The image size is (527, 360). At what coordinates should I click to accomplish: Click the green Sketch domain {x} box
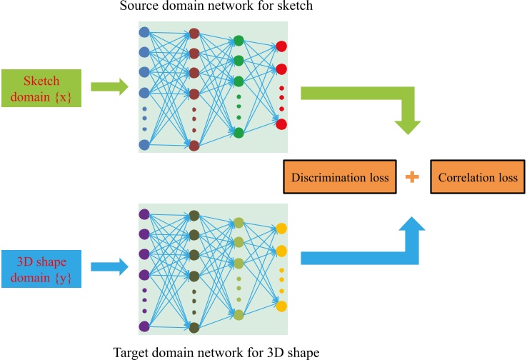(42, 88)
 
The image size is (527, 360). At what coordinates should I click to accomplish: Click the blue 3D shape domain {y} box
(42, 268)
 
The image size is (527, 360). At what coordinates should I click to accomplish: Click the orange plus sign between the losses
(411, 177)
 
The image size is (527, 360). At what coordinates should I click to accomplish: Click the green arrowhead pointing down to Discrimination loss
(408, 124)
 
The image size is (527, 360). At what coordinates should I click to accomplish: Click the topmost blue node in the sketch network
(144, 33)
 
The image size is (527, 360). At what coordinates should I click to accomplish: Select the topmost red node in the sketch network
(281, 46)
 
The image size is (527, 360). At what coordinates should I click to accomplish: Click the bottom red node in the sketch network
(281, 124)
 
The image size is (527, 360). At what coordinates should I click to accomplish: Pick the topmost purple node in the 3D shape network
(144, 214)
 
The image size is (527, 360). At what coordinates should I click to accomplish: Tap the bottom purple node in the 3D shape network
(144, 326)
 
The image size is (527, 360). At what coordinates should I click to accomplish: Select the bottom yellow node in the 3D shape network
(281, 306)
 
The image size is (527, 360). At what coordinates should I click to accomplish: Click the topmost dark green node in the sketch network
(239, 41)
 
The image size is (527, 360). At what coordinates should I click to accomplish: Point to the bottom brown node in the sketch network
(194, 146)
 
